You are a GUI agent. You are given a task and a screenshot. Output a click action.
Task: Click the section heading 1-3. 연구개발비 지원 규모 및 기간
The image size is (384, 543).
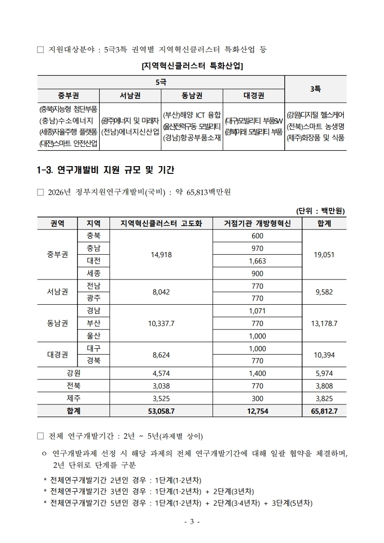click(x=106, y=170)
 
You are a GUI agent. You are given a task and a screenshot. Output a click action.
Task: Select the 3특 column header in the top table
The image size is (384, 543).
click(x=315, y=89)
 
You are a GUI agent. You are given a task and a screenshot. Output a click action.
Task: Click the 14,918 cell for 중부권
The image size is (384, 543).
click(x=161, y=254)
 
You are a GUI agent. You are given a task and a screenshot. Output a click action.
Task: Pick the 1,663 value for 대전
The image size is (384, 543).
click(x=257, y=261)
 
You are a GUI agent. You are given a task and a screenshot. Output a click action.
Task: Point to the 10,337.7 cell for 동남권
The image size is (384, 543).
click(x=161, y=323)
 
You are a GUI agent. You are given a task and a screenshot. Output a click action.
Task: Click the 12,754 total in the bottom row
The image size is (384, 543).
click(x=257, y=410)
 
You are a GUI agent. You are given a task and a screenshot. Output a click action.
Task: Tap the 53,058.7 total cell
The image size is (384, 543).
click(x=161, y=410)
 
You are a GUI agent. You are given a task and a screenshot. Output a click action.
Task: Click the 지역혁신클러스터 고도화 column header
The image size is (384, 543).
click(x=161, y=223)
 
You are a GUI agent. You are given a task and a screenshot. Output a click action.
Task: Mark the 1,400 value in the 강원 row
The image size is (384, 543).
click(x=257, y=373)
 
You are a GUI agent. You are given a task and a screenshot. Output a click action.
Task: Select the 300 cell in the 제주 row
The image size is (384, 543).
click(x=257, y=398)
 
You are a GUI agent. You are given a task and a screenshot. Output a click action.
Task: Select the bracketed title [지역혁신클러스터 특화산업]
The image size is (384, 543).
click(x=191, y=66)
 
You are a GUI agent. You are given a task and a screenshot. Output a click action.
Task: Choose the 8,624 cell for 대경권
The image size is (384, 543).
click(x=161, y=355)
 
